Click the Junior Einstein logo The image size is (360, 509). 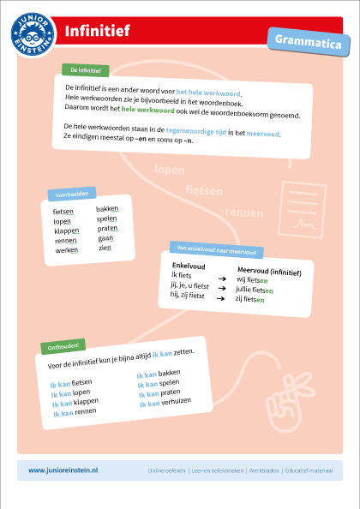pyautogui.click(x=33, y=36)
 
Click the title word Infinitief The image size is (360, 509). pyautogui.click(x=97, y=32)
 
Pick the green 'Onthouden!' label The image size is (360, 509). pyautogui.click(x=63, y=346)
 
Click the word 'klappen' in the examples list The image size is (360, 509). pyautogui.click(x=67, y=231)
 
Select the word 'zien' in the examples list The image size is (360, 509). pyautogui.click(x=105, y=248)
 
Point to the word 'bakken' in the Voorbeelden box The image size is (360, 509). pyautogui.click(x=108, y=208)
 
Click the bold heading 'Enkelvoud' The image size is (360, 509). pyautogui.click(x=189, y=266)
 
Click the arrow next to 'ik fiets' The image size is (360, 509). pyautogui.click(x=220, y=279)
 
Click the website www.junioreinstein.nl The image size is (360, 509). pyautogui.click(x=64, y=470)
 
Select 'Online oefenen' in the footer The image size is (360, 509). pyautogui.click(x=167, y=470)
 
